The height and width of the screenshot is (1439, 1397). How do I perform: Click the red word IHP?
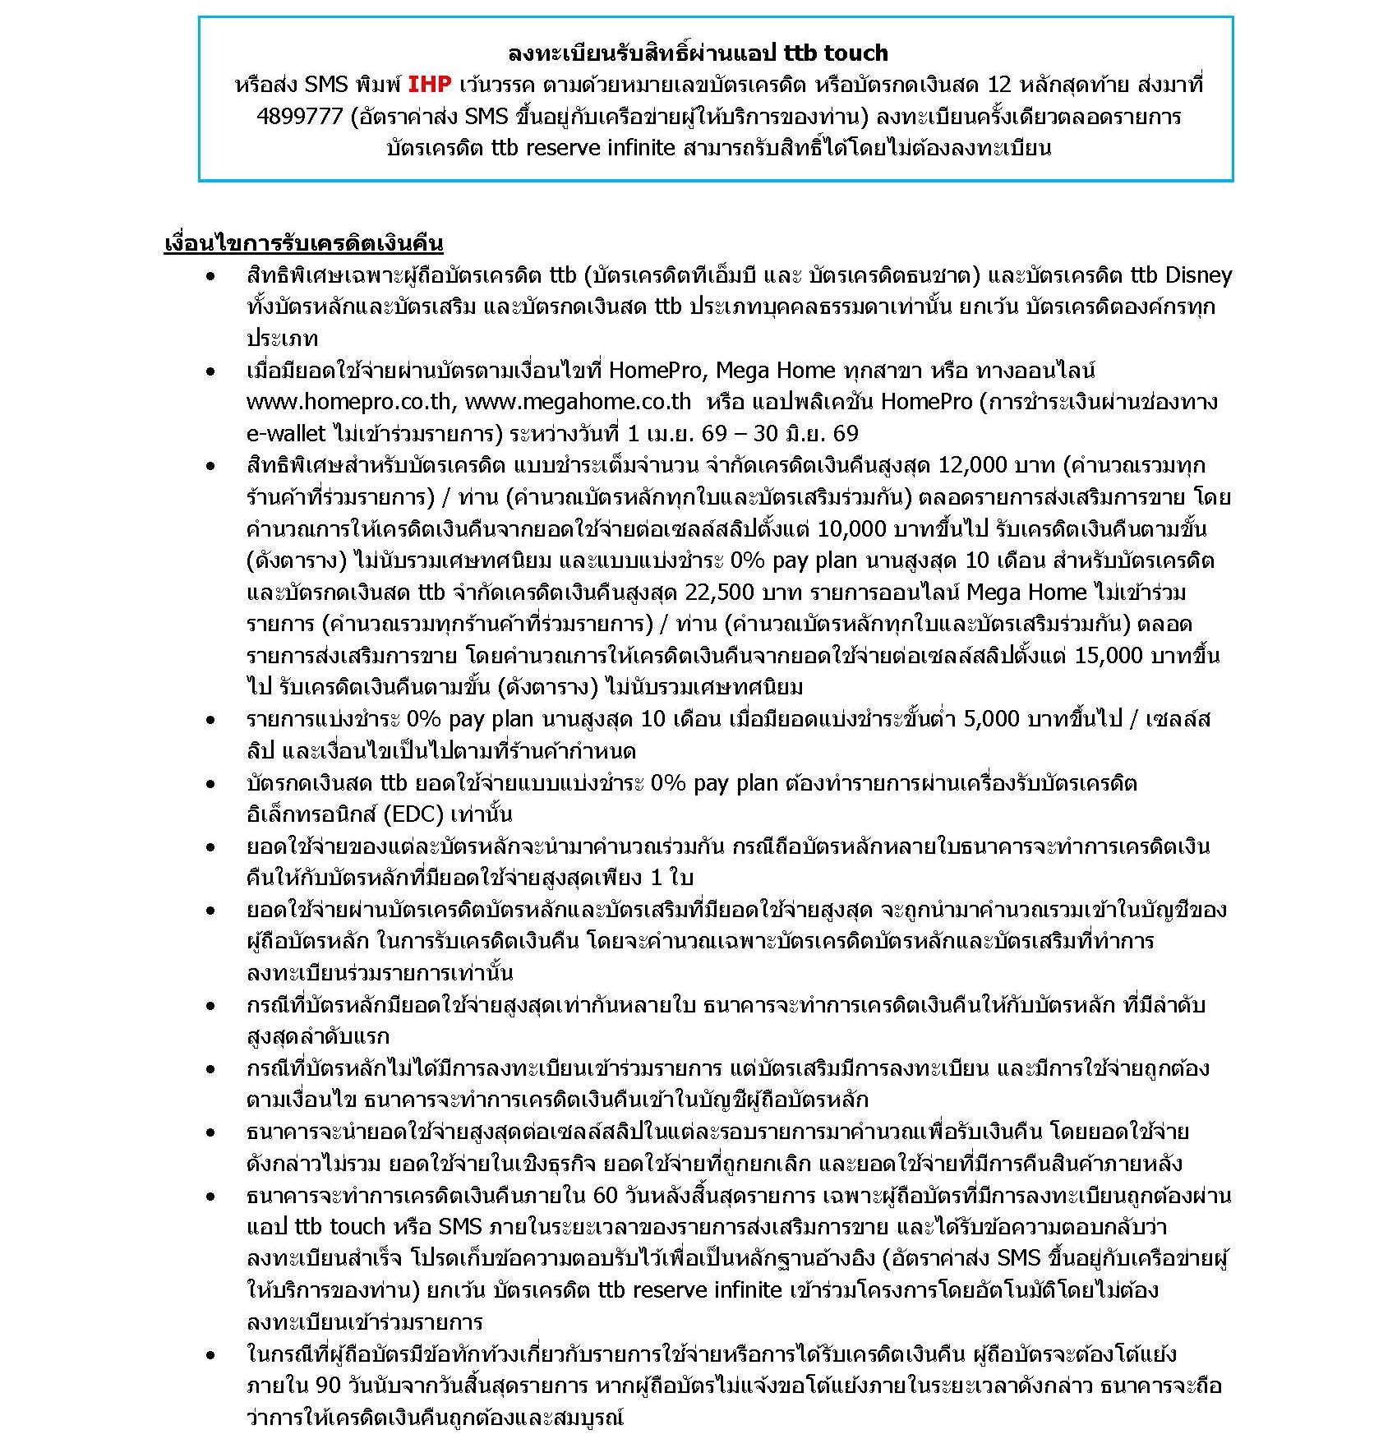pos(430,85)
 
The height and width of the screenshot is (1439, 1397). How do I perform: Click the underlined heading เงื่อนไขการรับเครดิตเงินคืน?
pos(303,243)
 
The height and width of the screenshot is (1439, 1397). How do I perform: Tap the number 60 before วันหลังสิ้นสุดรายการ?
pos(605,1195)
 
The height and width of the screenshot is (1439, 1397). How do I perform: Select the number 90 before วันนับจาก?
pos(327,1386)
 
